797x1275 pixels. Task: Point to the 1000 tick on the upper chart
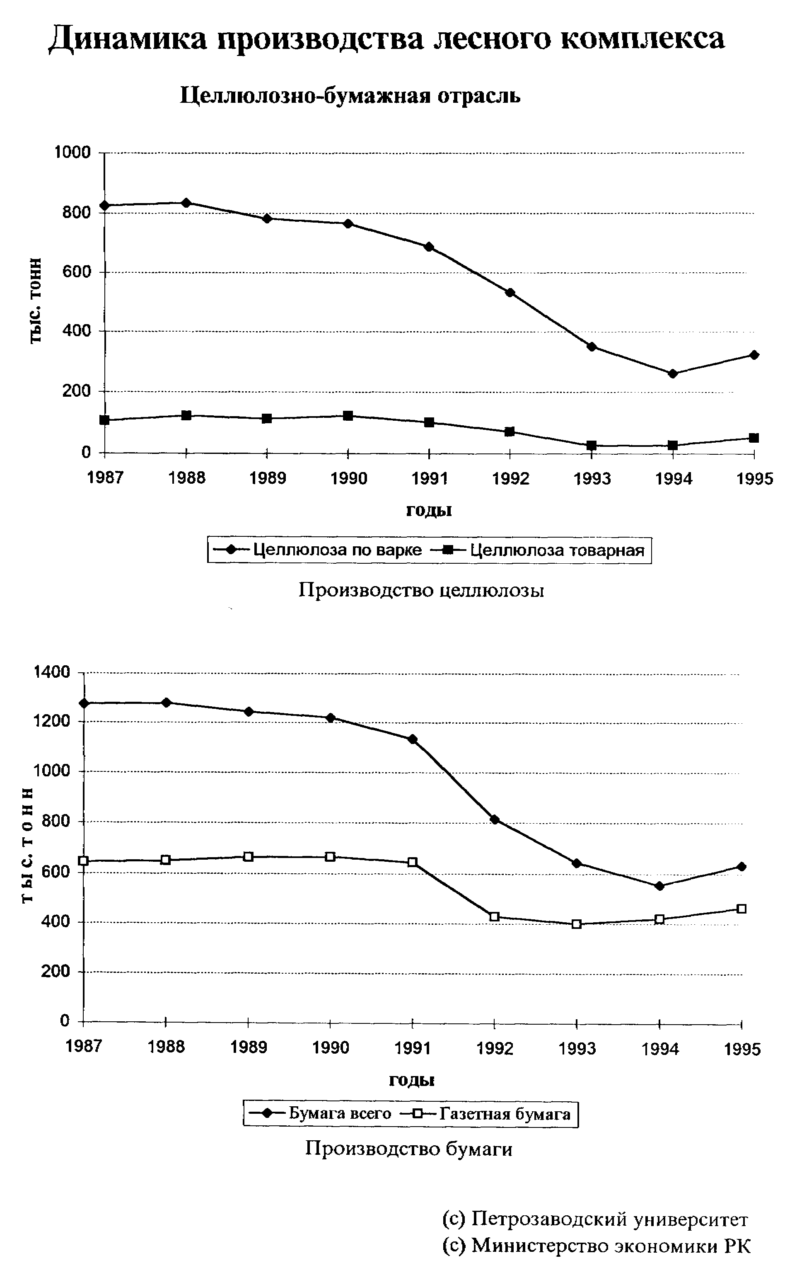pyautogui.click(x=73, y=153)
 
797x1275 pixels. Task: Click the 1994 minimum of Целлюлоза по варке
pyautogui.click(x=673, y=374)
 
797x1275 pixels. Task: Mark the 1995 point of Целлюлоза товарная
pyautogui.click(x=754, y=438)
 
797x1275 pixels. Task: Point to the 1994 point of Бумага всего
pyautogui.click(x=659, y=886)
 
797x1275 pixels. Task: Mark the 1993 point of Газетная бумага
pyautogui.click(x=577, y=924)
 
